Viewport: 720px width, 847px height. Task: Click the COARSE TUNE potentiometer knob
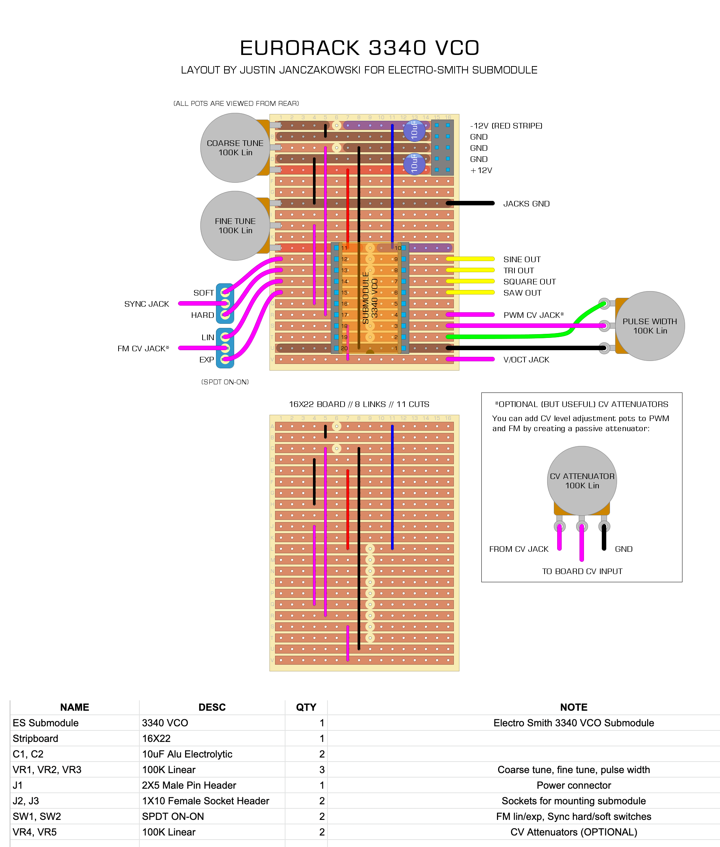click(235, 148)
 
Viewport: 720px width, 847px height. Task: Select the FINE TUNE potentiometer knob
click(235, 225)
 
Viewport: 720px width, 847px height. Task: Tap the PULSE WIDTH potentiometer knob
click(650, 326)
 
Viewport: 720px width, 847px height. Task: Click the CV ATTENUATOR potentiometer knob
click(582, 480)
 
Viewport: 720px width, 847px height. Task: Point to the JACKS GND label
click(526, 203)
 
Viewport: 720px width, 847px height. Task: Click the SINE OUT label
click(522, 259)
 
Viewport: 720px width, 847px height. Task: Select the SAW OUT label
click(522, 293)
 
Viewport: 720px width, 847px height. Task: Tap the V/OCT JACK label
click(526, 360)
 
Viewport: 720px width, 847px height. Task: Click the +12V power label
click(481, 170)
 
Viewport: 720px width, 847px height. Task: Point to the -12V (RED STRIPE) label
click(506, 126)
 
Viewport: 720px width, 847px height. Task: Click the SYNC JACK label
click(146, 304)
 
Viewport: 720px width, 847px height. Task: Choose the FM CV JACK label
click(143, 348)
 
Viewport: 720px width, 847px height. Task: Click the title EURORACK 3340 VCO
click(359, 48)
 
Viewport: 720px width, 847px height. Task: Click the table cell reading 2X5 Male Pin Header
click(189, 785)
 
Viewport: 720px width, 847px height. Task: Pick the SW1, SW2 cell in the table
click(37, 817)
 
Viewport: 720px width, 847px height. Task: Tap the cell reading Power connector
click(574, 785)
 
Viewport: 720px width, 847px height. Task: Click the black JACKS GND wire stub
click(470, 203)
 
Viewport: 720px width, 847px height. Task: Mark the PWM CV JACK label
click(533, 315)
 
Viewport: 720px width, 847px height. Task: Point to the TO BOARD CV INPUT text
click(582, 571)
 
